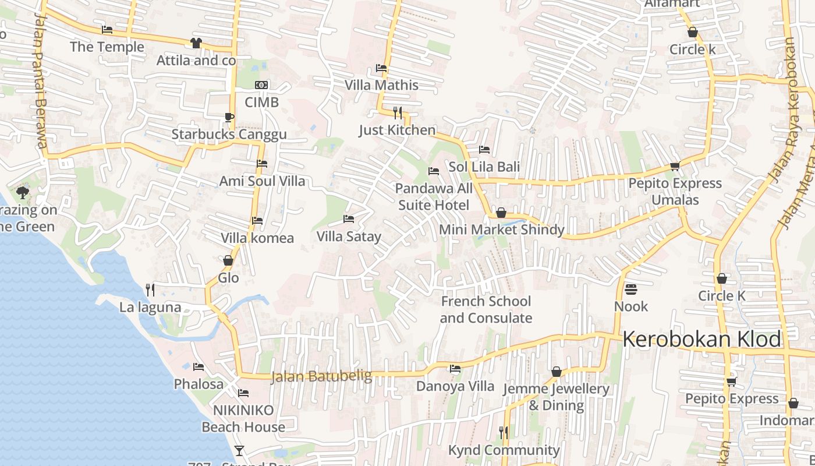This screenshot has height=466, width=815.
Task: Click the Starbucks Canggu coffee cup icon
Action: click(229, 117)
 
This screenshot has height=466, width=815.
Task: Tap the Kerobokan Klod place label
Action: click(701, 339)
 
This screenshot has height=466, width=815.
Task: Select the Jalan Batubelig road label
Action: click(321, 376)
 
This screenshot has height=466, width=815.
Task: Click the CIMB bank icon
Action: click(261, 85)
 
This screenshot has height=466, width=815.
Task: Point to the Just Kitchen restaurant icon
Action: click(398, 112)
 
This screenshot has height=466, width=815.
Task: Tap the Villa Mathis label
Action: click(381, 85)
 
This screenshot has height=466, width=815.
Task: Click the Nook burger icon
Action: click(631, 289)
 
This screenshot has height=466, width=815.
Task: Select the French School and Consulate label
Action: click(486, 309)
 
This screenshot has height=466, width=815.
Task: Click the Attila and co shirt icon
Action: click(196, 43)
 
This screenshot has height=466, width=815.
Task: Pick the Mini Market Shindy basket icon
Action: click(501, 213)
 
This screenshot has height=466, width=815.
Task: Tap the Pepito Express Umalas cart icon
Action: click(675, 166)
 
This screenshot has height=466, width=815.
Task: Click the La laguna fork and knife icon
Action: click(150, 289)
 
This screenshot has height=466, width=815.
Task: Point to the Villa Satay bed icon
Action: click(349, 219)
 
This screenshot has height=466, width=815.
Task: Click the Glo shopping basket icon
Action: click(228, 260)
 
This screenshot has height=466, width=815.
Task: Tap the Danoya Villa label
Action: click(455, 386)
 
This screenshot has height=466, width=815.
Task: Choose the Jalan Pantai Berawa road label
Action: click(40, 82)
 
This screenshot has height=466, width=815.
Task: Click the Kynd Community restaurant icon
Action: click(504, 432)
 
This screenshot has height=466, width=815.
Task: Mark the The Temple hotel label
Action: click(107, 47)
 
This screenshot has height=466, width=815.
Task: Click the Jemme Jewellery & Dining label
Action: click(556, 397)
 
